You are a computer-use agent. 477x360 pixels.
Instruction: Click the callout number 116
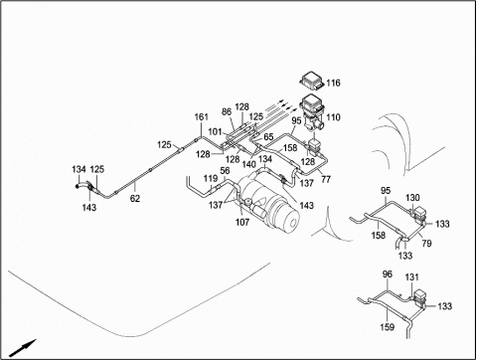point(333,83)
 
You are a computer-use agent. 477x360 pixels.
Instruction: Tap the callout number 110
point(333,117)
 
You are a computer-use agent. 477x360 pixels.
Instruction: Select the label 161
point(202,117)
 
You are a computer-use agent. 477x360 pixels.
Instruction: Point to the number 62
point(135,199)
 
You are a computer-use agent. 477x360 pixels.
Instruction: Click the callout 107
point(242,222)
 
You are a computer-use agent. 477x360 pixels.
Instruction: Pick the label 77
point(326,179)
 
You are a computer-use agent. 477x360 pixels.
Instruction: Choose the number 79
point(426,244)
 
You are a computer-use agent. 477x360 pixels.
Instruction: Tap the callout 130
point(412,198)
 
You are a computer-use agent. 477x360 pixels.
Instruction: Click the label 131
point(411,276)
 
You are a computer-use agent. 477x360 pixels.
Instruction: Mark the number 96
point(388,274)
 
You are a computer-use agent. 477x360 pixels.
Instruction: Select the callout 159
point(387,327)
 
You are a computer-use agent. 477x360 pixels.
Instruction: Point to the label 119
point(211,179)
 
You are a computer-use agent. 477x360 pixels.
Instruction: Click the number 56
point(225,171)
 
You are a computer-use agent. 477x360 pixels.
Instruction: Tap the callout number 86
point(227,111)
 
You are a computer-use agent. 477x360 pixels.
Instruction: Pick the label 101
point(215,131)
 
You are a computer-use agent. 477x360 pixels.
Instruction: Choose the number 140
point(248,164)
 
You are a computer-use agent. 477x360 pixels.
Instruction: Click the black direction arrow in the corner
point(23,347)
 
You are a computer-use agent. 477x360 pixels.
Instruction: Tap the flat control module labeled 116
point(312,81)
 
